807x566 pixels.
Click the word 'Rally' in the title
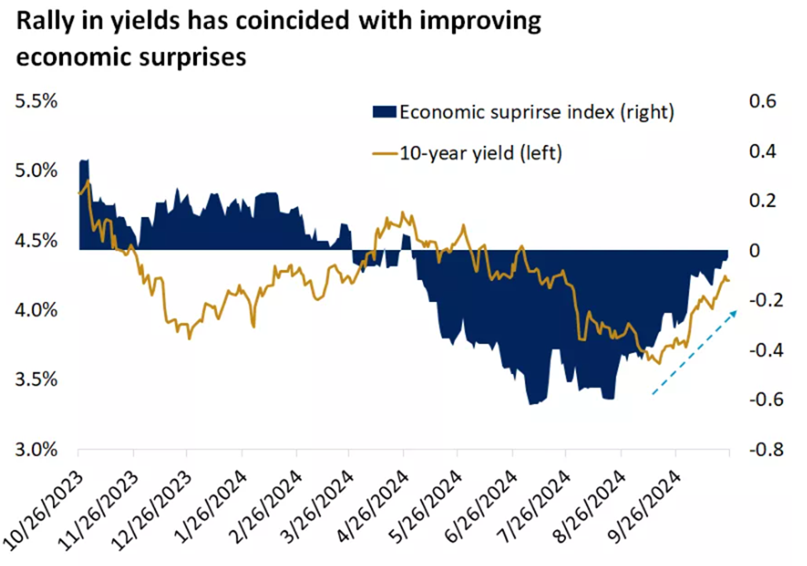pos(46,23)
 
